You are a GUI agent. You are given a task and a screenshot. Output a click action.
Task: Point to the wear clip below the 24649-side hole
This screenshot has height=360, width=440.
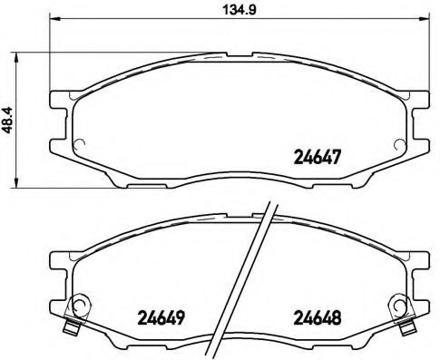(x=74, y=326)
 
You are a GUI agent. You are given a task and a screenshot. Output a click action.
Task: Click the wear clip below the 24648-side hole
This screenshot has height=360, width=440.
(x=401, y=326)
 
